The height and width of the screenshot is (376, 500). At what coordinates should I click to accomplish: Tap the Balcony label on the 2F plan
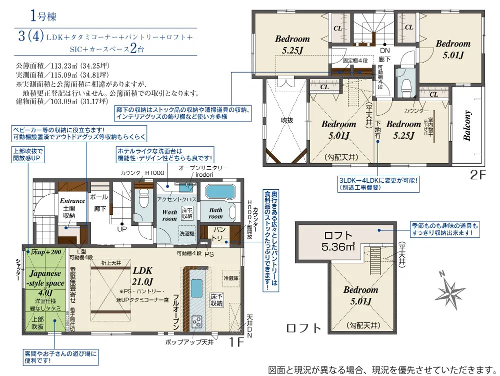tap(467, 126)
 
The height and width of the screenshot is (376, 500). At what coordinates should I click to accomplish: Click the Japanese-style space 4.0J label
tap(45, 283)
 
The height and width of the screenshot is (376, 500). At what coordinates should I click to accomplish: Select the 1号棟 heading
tap(42, 16)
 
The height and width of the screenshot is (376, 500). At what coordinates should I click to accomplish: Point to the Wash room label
tap(169, 215)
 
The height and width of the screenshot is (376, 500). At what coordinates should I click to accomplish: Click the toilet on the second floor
tap(406, 82)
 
